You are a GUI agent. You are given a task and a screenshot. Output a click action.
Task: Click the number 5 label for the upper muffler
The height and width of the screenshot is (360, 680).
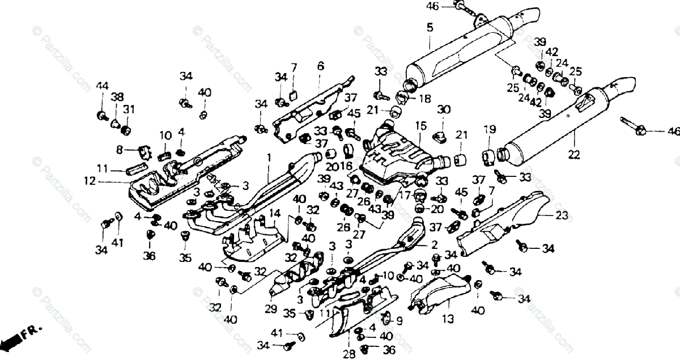tap(429, 27)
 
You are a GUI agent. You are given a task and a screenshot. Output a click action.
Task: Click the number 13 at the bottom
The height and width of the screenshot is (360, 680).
tap(448, 319)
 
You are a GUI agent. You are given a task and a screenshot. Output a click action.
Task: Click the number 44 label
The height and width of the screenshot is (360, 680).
tap(101, 86)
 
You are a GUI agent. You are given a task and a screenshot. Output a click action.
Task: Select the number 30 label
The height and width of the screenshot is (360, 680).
tap(444, 109)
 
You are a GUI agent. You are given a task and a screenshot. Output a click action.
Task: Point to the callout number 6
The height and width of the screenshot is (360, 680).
tap(321, 66)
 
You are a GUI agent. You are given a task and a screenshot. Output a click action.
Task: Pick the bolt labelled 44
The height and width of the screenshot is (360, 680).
tap(103, 116)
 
